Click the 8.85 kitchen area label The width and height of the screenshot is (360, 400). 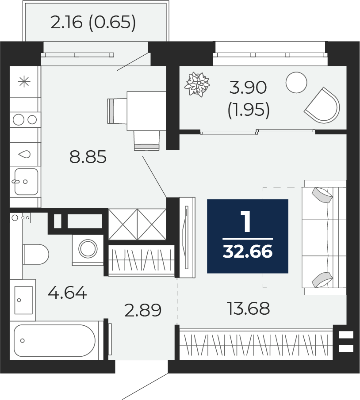(88, 157)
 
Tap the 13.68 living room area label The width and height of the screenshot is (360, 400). (248, 309)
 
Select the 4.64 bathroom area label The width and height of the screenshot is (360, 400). (67, 293)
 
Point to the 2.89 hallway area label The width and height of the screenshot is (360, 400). (143, 310)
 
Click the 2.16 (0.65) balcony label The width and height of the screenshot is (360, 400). (93, 23)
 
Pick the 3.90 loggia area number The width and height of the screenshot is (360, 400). (248, 88)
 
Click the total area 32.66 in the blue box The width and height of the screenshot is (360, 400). (248, 252)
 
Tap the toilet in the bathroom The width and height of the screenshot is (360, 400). (36, 254)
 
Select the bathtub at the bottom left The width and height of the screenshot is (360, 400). (55, 341)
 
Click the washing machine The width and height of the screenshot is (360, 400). (88, 250)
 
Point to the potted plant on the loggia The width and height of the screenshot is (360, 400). (197, 84)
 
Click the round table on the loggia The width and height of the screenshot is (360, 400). (296, 82)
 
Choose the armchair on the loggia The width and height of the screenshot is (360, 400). (323, 105)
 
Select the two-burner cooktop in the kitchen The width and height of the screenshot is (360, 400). (25, 120)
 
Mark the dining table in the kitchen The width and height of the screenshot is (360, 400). (146, 111)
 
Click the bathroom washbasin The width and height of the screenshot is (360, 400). (23, 300)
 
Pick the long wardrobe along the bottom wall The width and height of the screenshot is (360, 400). (256, 345)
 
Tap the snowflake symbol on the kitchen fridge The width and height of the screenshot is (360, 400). (24, 82)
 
